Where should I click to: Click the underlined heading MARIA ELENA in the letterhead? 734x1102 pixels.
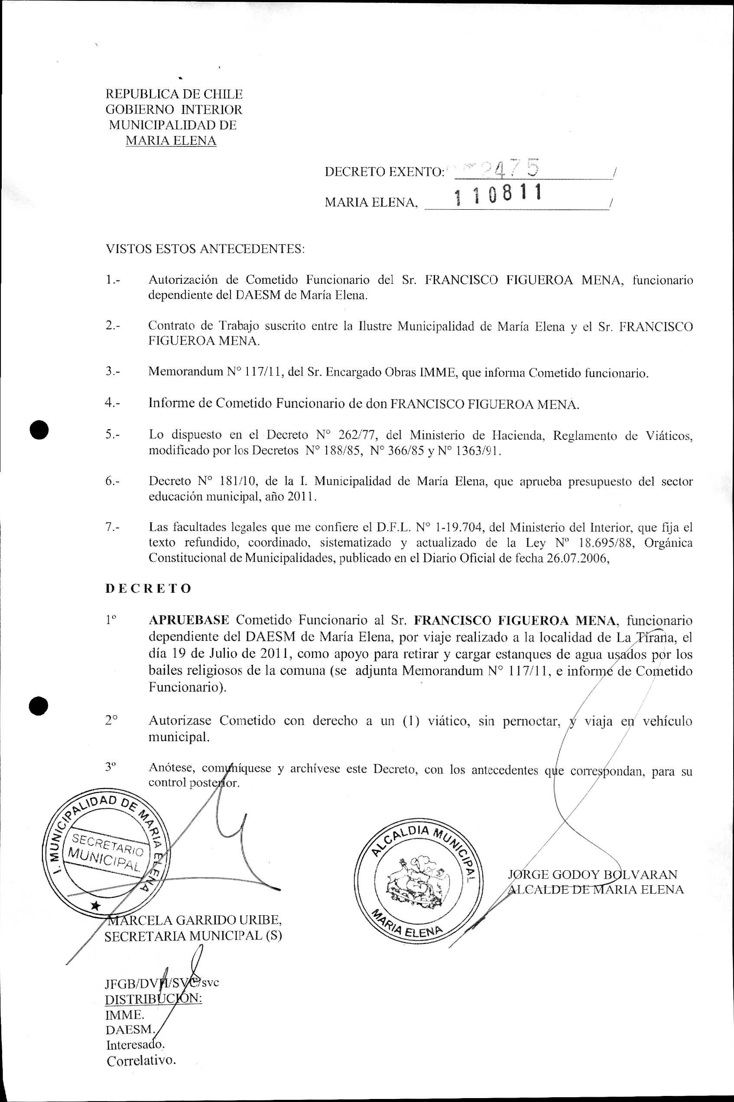(x=171, y=140)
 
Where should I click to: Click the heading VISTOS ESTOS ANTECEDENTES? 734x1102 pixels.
(x=205, y=249)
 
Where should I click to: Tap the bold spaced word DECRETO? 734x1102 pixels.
(x=148, y=588)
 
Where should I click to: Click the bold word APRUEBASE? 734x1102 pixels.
(x=188, y=620)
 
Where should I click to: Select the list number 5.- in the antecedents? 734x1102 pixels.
(x=112, y=435)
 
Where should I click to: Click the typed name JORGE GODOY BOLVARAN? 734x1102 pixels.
(x=593, y=874)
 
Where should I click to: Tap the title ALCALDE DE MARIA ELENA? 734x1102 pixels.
(x=595, y=890)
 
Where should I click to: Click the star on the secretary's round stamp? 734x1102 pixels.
(x=95, y=905)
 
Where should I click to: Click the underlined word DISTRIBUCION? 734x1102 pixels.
(x=153, y=999)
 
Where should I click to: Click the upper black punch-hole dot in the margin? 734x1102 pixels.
(x=39, y=429)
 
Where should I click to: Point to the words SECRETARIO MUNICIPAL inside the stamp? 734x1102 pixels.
(x=106, y=851)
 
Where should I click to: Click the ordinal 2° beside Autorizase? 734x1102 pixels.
(x=111, y=721)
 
